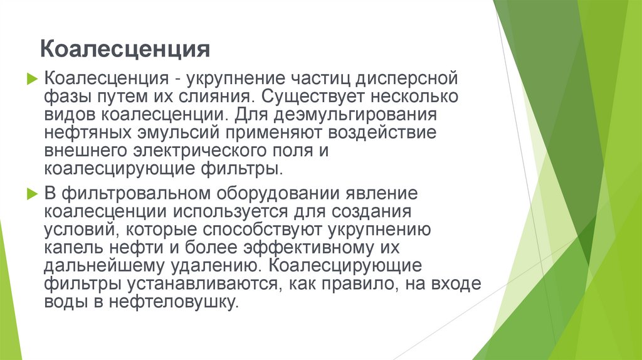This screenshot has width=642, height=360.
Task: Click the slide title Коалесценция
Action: (124, 48)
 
